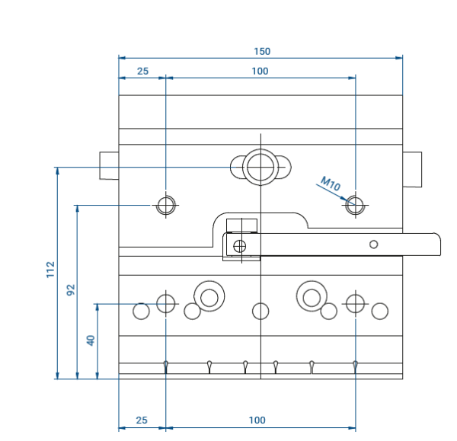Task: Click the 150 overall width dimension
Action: pyautogui.click(x=262, y=52)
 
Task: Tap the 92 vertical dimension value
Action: pyautogui.click(x=71, y=289)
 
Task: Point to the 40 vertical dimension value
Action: pyautogui.click(x=91, y=340)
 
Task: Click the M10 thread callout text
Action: pyautogui.click(x=331, y=184)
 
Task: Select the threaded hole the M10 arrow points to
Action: pyautogui.click(x=355, y=205)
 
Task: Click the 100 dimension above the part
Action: pyautogui.click(x=260, y=72)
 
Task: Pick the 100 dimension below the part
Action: pyautogui.click(x=257, y=420)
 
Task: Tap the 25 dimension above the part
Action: pyautogui.click(x=142, y=72)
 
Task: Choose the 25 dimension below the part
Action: pyautogui.click(x=142, y=420)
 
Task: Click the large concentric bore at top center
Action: pyautogui.click(x=260, y=166)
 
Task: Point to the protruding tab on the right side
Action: pyautogui.click(x=412, y=169)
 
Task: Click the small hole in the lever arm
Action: pyautogui.click(x=373, y=244)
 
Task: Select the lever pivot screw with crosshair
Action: pyautogui.click(x=240, y=245)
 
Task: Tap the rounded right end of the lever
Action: pyautogui.click(x=436, y=244)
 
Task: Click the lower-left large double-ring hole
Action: pyautogui.click(x=209, y=296)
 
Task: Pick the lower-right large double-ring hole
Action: pyautogui.click(x=312, y=296)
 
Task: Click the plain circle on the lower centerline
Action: pyautogui.click(x=260, y=311)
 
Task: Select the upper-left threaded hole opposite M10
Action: pyautogui.click(x=166, y=205)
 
